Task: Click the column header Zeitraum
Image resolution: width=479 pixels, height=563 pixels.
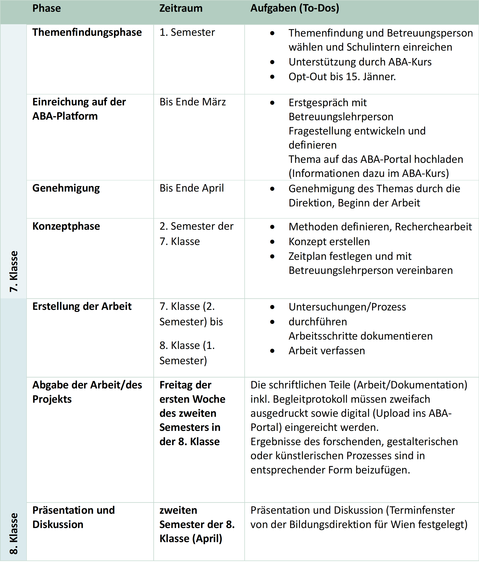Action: tap(181, 8)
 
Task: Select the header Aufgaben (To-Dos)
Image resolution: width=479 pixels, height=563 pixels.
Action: tap(295, 8)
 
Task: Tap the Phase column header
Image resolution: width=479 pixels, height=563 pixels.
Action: tap(46, 8)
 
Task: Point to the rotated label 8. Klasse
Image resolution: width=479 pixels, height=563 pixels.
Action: tap(14, 533)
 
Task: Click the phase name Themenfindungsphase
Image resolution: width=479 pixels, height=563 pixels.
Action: tap(87, 32)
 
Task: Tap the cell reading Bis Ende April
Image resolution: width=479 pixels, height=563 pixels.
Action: tap(191, 188)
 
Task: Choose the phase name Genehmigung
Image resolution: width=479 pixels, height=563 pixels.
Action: tap(66, 188)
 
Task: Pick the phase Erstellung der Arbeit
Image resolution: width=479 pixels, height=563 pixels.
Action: tap(82, 306)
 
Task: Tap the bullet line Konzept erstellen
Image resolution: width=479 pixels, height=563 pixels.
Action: tap(329, 241)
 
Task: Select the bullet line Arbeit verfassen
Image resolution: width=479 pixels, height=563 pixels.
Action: tap(327, 351)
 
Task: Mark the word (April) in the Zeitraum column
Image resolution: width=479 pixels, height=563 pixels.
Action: tap(207, 539)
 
